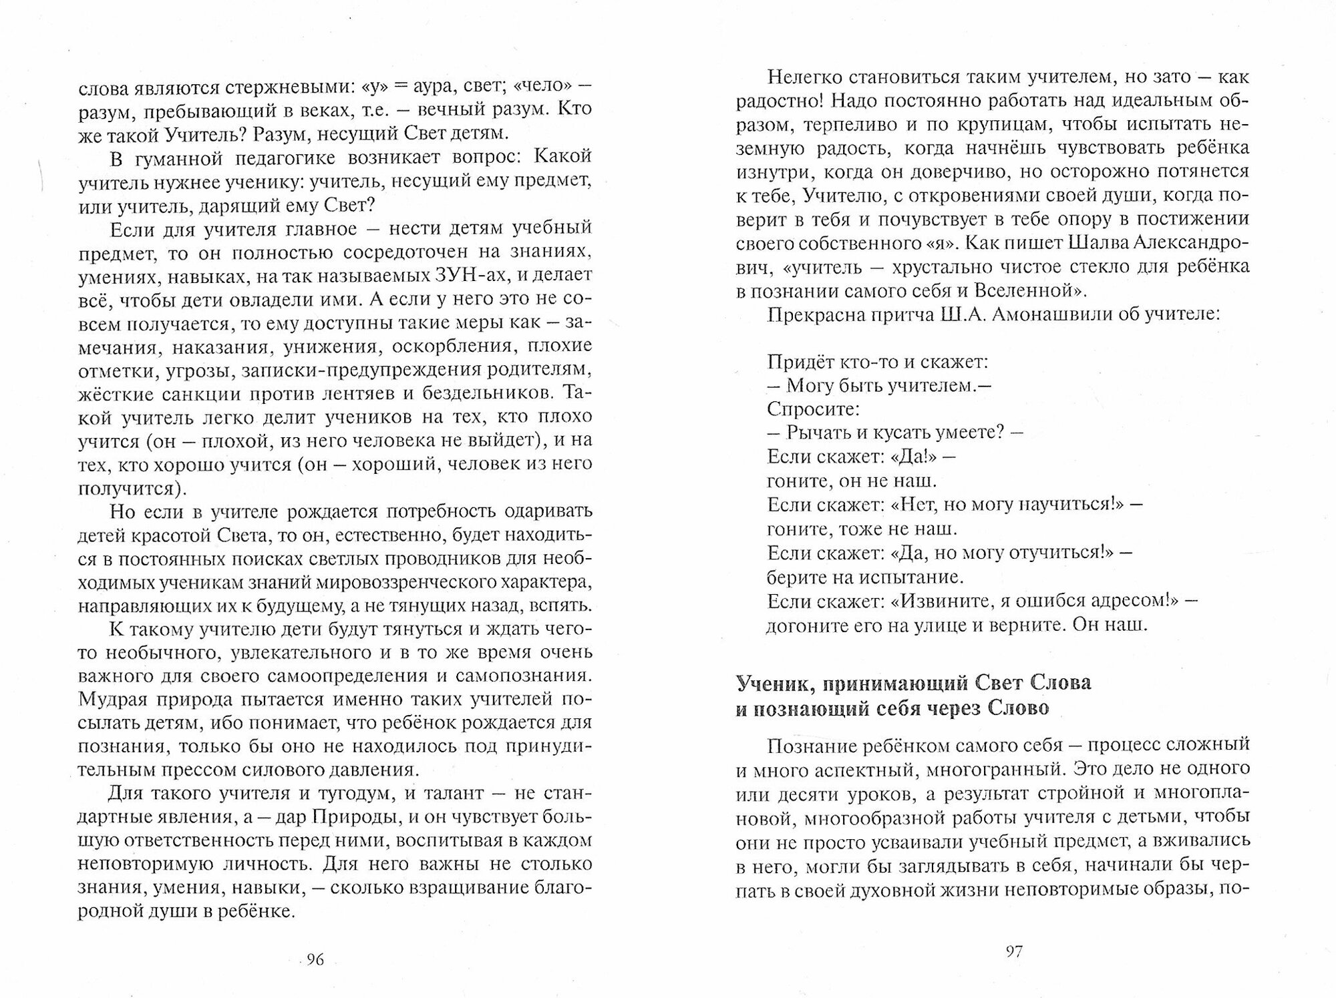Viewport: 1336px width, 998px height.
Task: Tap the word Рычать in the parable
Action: tap(817, 433)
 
